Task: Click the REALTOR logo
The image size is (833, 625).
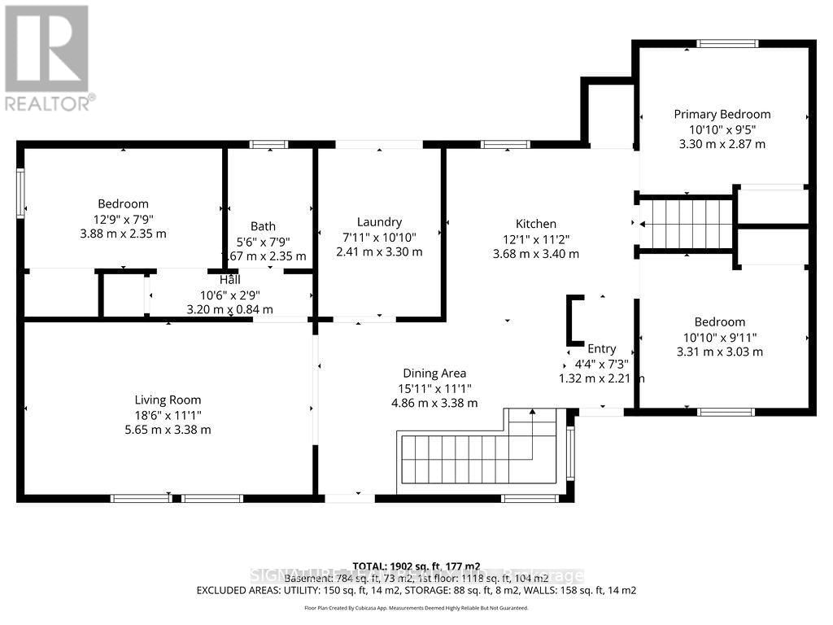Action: (x=47, y=57)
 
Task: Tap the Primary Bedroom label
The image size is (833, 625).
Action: (x=722, y=114)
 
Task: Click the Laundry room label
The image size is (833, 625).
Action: (x=379, y=222)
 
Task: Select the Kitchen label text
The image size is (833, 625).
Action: (x=536, y=224)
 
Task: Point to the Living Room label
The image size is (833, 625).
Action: (x=168, y=400)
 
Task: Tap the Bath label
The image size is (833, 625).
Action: (x=263, y=226)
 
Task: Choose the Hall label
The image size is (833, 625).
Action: (x=229, y=279)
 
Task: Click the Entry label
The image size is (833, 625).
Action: (x=602, y=348)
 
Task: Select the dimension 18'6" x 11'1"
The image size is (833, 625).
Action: (x=168, y=414)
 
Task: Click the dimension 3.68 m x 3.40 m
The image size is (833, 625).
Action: (x=536, y=253)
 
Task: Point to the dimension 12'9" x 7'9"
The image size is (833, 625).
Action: (x=123, y=218)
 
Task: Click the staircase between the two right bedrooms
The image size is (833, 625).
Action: (x=687, y=224)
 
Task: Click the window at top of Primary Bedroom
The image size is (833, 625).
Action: (x=727, y=44)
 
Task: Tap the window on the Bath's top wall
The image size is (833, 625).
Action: (x=268, y=145)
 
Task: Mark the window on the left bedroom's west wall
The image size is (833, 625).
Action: (x=20, y=193)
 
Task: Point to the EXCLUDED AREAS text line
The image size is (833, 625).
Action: (x=416, y=590)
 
